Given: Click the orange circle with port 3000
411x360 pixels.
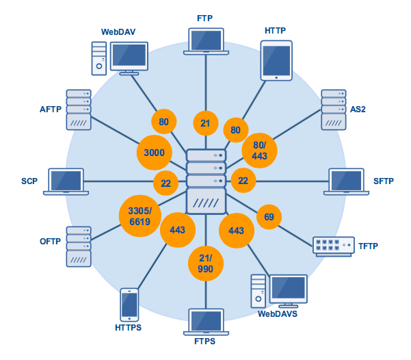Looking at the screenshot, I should (x=155, y=153).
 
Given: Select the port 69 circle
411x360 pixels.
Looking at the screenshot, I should (x=269, y=217).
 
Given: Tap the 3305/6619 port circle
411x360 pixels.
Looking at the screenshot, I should (x=140, y=216).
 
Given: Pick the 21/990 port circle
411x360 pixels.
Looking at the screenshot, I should (x=206, y=263).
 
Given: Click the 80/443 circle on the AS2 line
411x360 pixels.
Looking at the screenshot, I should (x=260, y=151).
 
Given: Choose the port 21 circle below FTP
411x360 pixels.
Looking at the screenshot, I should (x=205, y=123).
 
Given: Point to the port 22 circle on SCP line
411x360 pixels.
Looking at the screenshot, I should (x=165, y=182).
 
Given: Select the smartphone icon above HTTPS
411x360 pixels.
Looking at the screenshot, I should (x=129, y=305).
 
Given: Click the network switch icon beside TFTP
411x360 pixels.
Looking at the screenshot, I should (x=333, y=246).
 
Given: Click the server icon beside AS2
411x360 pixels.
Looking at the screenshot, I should (x=334, y=110).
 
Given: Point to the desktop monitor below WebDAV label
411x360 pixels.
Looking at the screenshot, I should (x=129, y=57).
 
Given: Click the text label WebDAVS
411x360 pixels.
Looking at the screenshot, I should (x=277, y=314).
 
